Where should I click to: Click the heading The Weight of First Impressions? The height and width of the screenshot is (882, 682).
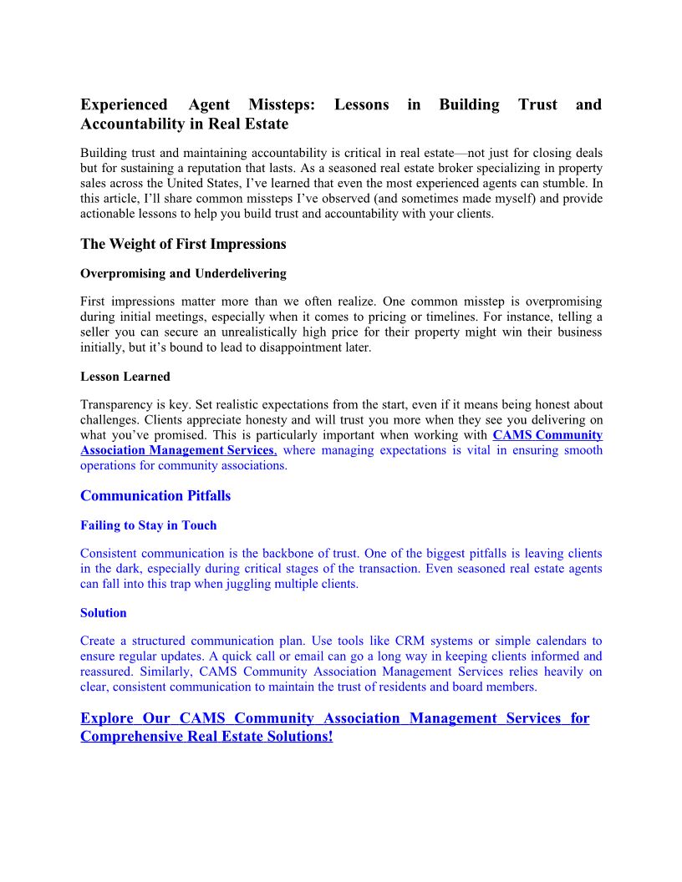point(183,244)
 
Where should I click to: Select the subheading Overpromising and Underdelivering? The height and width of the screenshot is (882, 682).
point(183,273)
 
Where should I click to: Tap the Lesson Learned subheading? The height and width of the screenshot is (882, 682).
point(125,376)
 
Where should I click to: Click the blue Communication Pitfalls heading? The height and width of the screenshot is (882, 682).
point(155,495)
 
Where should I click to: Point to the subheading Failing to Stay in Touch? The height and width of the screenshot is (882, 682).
point(148,525)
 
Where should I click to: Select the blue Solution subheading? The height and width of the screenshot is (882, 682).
point(104,612)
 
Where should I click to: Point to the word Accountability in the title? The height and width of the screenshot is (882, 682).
point(138,124)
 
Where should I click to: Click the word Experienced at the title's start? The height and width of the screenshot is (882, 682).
point(124,104)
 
